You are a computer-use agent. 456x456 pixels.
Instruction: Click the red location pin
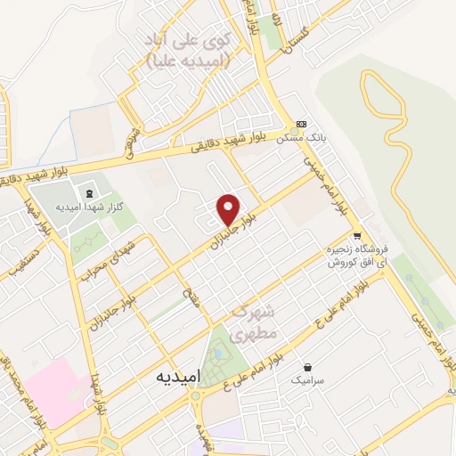tap(229, 208)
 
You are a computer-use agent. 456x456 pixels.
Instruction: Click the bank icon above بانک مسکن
tap(301, 124)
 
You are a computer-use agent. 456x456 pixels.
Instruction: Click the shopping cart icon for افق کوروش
tap(357, 236)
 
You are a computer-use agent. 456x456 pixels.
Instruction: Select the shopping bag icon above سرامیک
tap(307, 366)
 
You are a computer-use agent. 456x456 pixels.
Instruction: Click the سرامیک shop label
tap(307, 379)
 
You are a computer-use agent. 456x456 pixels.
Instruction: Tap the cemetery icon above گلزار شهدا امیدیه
tap(87, 191)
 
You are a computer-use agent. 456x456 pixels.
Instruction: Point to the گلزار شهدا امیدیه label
tap(70, 206)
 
